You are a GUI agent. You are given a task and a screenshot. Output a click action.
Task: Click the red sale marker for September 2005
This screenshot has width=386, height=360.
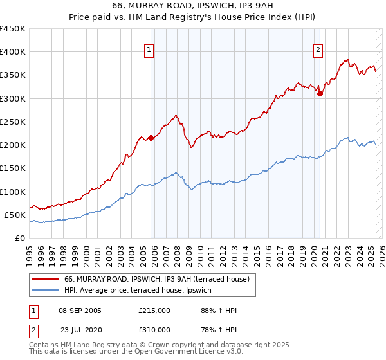[151, 138]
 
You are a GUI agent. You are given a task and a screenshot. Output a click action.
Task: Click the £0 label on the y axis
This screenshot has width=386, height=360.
[21, 238]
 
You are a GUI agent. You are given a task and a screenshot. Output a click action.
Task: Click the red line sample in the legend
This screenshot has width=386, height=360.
[45, 279]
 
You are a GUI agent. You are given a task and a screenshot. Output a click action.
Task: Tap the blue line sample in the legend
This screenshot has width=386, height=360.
[45, 290]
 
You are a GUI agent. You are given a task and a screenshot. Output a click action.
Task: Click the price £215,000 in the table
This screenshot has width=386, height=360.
[154, 310]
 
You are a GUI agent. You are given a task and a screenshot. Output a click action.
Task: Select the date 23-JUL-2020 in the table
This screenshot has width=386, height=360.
[81, 329]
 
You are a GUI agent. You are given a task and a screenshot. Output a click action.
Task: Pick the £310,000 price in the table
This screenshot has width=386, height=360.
[154, 329]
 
